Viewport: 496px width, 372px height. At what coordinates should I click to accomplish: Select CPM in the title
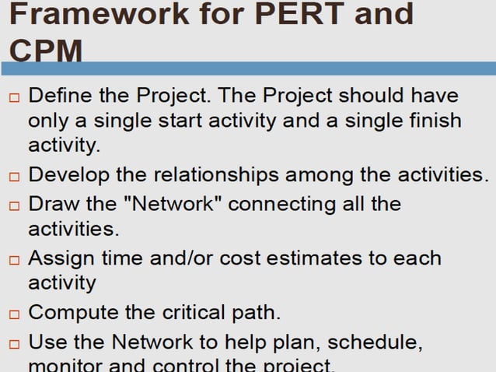click(47, 51)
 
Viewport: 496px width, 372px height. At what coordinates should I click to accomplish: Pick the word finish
click(431, 121)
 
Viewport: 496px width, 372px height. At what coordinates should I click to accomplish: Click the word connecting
click(280, 204)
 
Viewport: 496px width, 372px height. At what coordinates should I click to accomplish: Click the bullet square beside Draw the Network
click(13, 206)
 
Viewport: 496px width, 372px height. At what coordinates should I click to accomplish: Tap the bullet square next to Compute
click(13, 314)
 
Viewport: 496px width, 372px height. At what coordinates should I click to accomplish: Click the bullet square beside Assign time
click(13, 260)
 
